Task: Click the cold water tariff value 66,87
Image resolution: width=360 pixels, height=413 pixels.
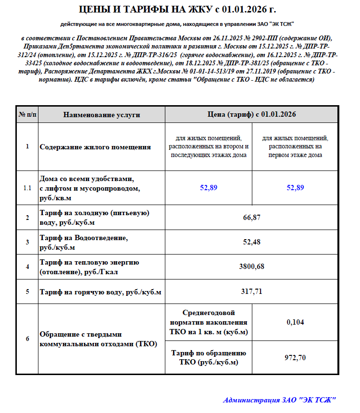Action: (x=252, y=218)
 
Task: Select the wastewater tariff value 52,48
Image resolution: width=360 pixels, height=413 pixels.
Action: (x=252, y=242)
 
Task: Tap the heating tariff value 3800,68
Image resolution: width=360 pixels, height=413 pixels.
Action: (x=252, y=267)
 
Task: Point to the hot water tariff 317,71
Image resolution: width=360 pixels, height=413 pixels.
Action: (x=252, y=291)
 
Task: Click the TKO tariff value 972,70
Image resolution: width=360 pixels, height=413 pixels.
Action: (x=295, y=357)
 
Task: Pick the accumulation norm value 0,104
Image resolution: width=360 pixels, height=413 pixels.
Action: (x=295, y=322)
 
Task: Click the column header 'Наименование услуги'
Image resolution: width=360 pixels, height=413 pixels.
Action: (x=101, y=115)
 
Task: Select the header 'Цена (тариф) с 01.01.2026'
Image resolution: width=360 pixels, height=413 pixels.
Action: (x=251, y=115)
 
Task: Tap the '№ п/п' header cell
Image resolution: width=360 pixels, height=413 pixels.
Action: (x=27, y=115)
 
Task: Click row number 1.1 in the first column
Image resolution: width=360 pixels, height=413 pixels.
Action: (x=27, y=188)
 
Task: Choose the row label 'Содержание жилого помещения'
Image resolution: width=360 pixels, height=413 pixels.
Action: (x=95, y=147)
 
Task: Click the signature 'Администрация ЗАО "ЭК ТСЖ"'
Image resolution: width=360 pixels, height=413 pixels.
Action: (x=279, y=400)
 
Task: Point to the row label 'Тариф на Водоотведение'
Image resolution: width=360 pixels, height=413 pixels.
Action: (x=84, y=238)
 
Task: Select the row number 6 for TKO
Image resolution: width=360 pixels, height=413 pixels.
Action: (x=27, y=339)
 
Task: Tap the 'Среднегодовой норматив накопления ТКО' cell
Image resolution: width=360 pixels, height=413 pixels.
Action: (x=209, y=322)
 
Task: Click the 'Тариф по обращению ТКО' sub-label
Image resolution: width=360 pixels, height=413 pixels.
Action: (x=209, y=357)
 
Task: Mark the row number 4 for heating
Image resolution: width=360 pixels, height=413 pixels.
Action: (x=27, y=267)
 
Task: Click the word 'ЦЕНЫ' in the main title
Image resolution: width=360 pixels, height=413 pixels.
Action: (x=97, y=9)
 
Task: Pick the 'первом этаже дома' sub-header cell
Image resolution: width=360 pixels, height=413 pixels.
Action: (x=295, y=147)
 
